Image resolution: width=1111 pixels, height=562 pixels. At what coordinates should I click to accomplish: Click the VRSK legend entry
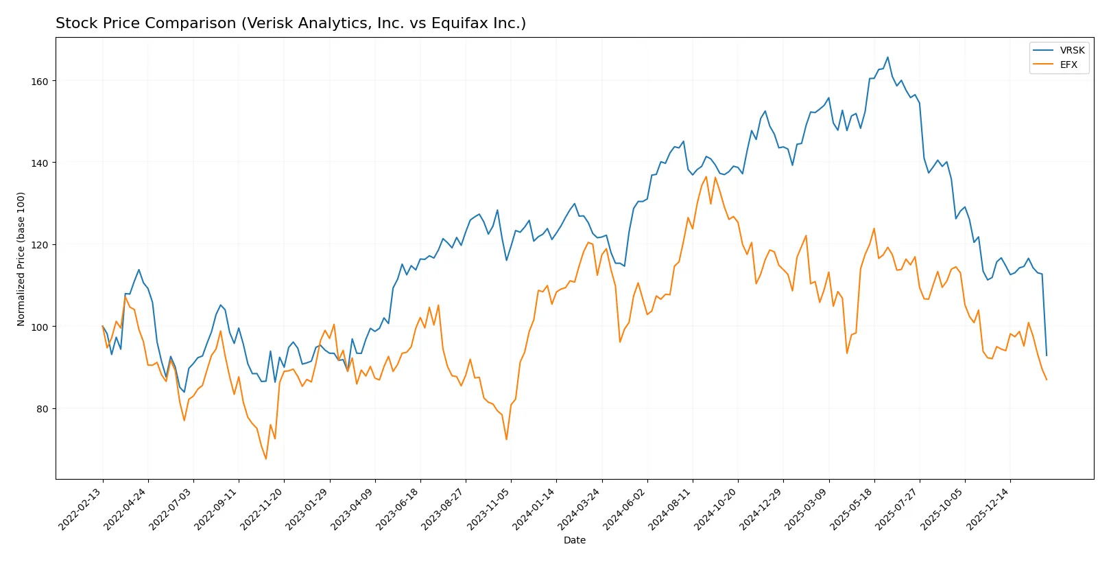[x=1071, y=50]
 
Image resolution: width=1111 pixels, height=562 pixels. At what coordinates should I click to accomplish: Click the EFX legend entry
[x=1068, y=65]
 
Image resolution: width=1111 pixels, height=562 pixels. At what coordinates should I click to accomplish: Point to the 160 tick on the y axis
[x=40, y=81]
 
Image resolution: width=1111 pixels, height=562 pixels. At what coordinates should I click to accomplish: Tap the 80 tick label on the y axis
[x=43, y=409]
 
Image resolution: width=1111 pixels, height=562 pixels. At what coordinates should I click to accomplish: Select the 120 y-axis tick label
[x=40, y=245]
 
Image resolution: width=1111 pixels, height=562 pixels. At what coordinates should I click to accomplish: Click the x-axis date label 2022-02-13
[x=81, y=509]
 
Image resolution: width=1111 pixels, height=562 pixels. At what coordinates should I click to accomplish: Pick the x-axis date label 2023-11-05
[x=490, y=509]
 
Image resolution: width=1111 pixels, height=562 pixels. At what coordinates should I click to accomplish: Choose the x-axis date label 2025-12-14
[x=989, y=509]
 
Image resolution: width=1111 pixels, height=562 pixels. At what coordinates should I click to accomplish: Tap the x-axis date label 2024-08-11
[x=671, y=509]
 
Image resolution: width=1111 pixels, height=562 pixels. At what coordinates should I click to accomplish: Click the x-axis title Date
[x=574, y=541]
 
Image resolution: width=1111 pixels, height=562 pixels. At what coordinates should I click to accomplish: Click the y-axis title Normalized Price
[x=21, y=259]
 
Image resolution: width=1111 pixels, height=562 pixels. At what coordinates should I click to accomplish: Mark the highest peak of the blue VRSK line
[x=887, y=57]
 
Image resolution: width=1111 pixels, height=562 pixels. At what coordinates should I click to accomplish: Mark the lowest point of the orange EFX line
[x=266, y=459]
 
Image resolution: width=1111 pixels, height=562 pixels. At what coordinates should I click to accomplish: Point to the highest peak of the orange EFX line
[x=706, y=176]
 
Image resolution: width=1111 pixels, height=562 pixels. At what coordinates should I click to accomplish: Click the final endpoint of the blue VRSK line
[x=1047, y=355]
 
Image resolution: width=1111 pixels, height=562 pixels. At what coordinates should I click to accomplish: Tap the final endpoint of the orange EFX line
[x=1047, y=379]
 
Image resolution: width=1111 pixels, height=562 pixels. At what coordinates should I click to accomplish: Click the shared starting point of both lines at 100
[x=103, y=327]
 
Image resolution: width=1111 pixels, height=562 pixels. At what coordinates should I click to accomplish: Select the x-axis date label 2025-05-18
[x=852, y=509]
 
